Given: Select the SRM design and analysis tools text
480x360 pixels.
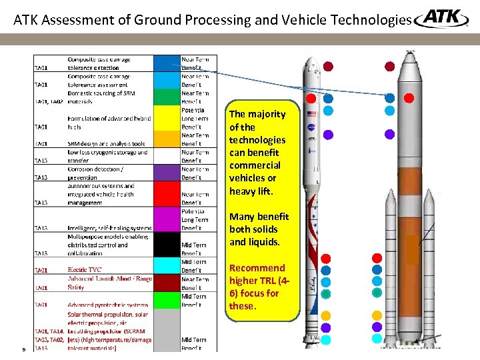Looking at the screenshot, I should click(x=106, y=143).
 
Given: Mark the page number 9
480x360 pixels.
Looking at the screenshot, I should click(x=23, y=348).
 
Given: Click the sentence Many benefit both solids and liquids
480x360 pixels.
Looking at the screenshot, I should click(x=259, y=229).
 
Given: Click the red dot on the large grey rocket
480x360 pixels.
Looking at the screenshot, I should click(x=409, y=98).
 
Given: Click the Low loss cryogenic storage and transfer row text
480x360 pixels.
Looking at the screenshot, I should click(x=107, y=156).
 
